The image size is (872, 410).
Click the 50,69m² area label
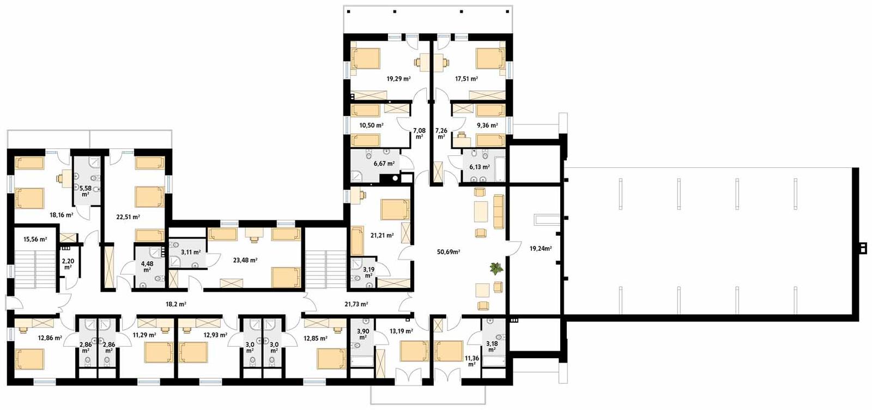click(x=449, y=252)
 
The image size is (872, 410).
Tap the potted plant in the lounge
click(x=496, y=268)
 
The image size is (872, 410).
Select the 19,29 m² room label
click(x=398, y=79)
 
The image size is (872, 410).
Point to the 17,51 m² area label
click(x=467, y=79)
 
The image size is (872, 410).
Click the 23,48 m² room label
click(x=245, y=260)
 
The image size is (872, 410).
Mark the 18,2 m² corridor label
click(x=176, y=304)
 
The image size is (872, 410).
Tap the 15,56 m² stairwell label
click(x=35, y=239)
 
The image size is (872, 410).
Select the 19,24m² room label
click(x=541, y=249)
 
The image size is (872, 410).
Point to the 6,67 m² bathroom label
click(x=384, y=163)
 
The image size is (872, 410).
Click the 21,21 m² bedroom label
click(x=382, y=236)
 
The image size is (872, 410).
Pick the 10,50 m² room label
click(x=371, y=125)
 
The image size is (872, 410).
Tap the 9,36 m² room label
click(x=487, y=125)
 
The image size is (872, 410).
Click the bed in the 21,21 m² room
click(x=395, y=210)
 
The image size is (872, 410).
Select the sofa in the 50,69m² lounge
click(x=499, y=212)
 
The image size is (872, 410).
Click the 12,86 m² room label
click(x=50, y=337)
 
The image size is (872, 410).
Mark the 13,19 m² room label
click(x=401, y=331)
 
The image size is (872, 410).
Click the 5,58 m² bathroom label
click(x=86, y=191)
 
